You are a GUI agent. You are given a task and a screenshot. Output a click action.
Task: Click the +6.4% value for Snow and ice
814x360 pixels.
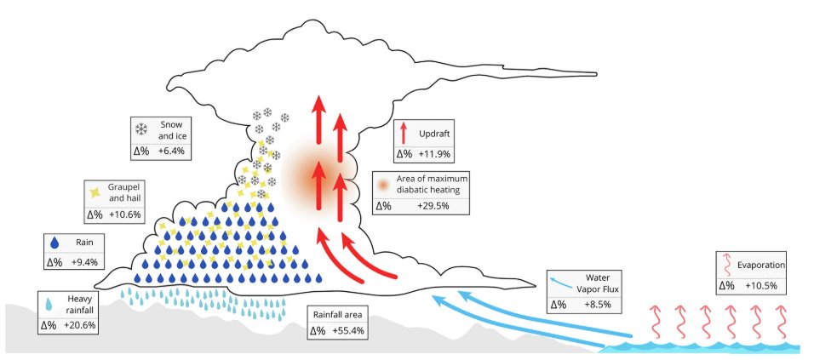(171, 151)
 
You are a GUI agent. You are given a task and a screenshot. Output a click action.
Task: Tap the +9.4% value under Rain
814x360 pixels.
(86, 262)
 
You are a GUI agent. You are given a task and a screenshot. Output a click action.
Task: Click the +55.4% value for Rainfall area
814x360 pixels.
(350, 330)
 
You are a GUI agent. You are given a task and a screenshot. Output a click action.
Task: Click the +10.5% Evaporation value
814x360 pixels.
(761, 285)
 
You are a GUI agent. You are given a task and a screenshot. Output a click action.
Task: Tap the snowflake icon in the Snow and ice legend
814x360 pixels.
(142, 130)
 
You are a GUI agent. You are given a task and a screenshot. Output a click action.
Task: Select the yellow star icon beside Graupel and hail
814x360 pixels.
(96, 192)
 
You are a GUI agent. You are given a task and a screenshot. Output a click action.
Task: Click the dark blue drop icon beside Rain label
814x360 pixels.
(55, 243)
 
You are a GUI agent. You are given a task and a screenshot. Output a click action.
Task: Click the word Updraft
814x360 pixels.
(434, 134)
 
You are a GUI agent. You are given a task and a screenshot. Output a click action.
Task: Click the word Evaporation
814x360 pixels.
(760, 266)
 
